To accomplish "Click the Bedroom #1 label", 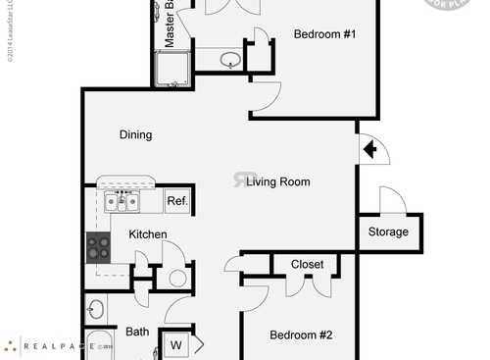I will [x=324, y=35].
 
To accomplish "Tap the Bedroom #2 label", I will [x=301, y=335].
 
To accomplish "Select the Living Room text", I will [x=278, y=181].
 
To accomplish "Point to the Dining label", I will [x=135, y=134].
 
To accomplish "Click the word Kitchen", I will [x=147, y=234].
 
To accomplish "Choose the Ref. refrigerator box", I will [x=176, y=201].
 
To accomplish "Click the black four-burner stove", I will [x=98, y=246].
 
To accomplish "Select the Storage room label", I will [x=388, y=232].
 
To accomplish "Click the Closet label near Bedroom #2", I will [x=308, y=264].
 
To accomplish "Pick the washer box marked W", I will [x=176, y=344].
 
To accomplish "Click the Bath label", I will [x=137, y=333].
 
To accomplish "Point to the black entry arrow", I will [x=370, y=149].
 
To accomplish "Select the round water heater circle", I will [x=177, y=278].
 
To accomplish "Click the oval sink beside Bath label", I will [x=95, y=312].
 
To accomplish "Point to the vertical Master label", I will [x=169, y=24].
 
